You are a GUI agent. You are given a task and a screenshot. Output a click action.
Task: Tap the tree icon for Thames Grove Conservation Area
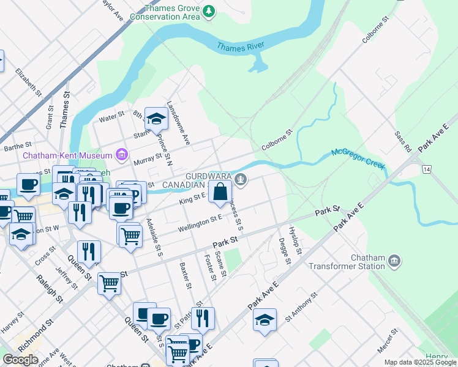pos(209,10)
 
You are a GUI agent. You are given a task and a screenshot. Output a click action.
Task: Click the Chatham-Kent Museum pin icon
pos(122,155)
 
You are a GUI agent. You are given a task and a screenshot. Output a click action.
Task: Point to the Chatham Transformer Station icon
pos(394,261)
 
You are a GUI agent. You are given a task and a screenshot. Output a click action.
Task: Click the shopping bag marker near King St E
pos(220,192)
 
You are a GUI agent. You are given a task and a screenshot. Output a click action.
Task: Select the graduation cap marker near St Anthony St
pos(265,320)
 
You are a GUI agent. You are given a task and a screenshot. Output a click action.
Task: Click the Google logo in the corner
pos(20,360)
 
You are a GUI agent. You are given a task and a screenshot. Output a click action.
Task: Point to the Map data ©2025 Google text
pos(420,362)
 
